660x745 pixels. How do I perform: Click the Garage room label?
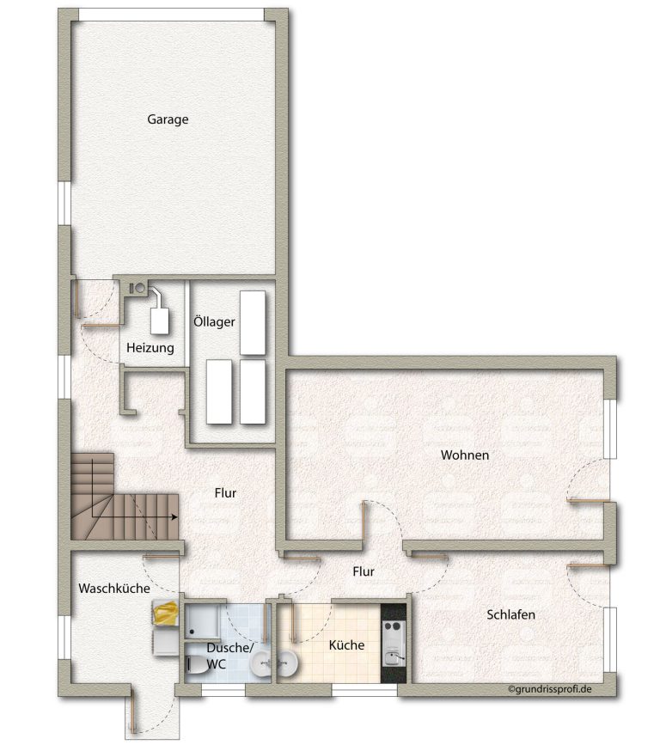click(x=168, y=119)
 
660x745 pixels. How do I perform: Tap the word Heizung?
click(x=150, y=348)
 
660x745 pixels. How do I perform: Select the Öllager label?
click(x=214, y=321)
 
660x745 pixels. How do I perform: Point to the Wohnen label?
click(x=465, y=455)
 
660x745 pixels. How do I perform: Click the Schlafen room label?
click(x=510, y=614)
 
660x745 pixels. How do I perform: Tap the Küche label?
click(x=347, y=644)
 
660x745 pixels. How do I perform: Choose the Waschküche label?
click(x=114, y=589)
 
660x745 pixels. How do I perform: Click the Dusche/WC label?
click(x=230, y=656)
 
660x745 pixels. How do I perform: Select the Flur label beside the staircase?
click(x=225, y=492)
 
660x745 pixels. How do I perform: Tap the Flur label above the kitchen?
click(x=364, y=571)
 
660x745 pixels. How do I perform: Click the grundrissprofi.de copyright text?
click(x=550, y=689)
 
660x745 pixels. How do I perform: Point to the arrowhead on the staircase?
click(x=174, y=517)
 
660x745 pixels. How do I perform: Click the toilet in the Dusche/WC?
click(x=195, y=664)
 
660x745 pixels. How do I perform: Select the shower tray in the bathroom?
click(x=202, y=621)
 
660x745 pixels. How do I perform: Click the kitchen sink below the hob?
click(x=394, y=657)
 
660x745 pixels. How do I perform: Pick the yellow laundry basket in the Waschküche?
click(x=165, y=613)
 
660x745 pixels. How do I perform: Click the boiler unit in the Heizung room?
click(x=159, y=321)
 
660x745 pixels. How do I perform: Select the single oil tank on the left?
click(x=219, y=392)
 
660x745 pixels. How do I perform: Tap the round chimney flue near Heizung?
click(x=140, y=288)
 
